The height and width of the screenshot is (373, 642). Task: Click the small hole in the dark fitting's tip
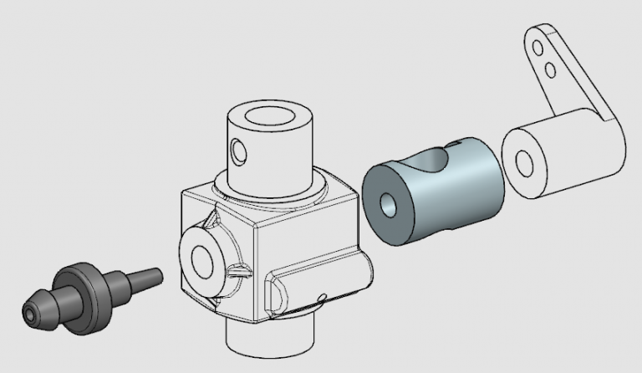coord(31,315)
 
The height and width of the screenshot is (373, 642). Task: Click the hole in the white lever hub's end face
coord(523,162)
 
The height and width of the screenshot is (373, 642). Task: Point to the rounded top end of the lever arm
coord(535,32)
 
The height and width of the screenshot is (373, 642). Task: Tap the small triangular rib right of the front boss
coord(239,271)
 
